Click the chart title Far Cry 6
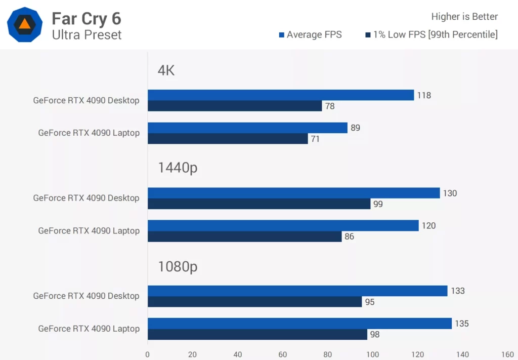[x=87, y=18]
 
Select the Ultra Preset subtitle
[x=87, y=35]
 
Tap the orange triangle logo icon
[x=24, y=24]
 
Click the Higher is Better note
[x=464, y=17]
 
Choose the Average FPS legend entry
[x=310, y=35]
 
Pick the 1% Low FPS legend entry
[x=431, y=35]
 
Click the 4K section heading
[x=166, y=70]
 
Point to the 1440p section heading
[x=177, y=168]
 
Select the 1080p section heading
[x=177, y=266]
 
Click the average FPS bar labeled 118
[x=281, y=95]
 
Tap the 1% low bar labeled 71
[x=228, y=139]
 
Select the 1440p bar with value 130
[x=293, y=193]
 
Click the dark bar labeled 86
[x=244, y=236]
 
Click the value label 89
[x=355, y=128]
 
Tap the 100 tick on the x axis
[x=373, y=354]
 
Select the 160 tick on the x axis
[x=507, y=354]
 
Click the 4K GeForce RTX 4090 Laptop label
[x=89, y=133]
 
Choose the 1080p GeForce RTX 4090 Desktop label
[x=86, y=296]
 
